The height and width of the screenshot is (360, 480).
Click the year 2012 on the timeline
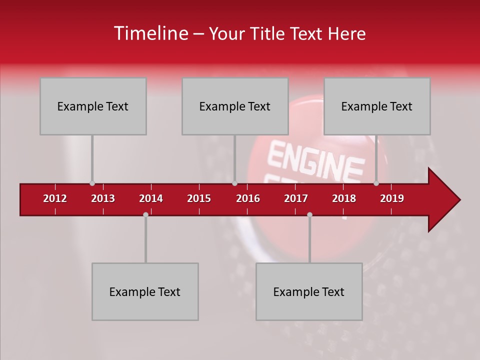click(55, 198)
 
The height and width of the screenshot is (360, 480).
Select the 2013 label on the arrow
click(103, 198)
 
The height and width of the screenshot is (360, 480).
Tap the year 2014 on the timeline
click(151, 198)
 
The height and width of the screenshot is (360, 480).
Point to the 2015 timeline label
click(199, 198)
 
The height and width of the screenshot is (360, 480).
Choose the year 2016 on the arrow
click(248, 198)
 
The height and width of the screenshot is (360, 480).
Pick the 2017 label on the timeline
click(296, 198)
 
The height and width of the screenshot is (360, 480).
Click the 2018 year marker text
click(344, 198)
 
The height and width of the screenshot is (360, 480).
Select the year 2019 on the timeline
click(392, 198)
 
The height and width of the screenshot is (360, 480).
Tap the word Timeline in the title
click(150, 33)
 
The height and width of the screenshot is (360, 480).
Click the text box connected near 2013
click(93, 106)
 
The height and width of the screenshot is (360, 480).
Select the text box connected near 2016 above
click(235, 106)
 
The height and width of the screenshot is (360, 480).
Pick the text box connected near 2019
click(377, 106)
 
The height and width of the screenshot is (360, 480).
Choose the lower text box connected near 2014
click(145, 291)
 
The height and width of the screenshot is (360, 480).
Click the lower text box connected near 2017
click(309, 291)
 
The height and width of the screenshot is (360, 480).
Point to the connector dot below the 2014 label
click(145, 214)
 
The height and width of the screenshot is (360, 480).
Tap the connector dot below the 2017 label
click(309, 214)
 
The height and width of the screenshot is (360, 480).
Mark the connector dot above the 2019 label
click(376, 183)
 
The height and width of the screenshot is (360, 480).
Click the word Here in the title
click(346, 34)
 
